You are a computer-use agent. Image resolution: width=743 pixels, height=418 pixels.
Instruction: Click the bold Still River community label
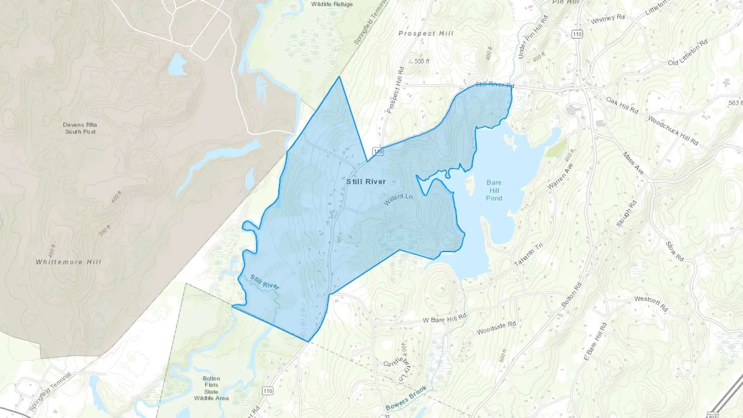tap(366, 182)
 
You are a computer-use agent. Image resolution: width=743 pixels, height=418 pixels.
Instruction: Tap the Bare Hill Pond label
tap(494, 190)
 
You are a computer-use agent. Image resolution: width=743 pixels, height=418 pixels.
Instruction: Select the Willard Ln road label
tap(398, 199)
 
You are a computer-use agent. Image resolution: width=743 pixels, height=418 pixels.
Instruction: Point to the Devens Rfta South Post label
tap(80, 128)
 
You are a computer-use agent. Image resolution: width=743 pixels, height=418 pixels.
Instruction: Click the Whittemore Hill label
tap(69, 262)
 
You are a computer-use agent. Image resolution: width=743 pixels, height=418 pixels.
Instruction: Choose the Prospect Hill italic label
tap(426, 33)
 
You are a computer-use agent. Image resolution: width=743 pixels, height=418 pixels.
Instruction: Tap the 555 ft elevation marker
tap(421, 61)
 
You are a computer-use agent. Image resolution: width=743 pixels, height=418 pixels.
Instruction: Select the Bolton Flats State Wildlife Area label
tap(211, 388)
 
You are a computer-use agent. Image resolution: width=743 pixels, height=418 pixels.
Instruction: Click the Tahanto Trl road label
tap(528, 255)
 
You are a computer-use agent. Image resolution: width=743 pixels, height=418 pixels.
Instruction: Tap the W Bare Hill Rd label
tap(445, 318)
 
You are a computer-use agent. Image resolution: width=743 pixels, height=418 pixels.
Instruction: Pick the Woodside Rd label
tap(496, 328)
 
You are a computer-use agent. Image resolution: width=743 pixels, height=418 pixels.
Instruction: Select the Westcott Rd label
tap(651, 303)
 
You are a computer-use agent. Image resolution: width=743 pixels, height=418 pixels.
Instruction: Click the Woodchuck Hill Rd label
tap(673, 130)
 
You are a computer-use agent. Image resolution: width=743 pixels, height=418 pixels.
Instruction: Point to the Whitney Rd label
tap(608, 19)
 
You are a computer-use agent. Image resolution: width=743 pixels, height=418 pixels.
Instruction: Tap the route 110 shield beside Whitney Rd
tap(577, 34)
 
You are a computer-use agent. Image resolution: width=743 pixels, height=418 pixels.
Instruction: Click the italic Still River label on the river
tap(265, 282)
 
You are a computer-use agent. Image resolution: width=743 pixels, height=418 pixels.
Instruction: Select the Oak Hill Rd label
tap(622, 105)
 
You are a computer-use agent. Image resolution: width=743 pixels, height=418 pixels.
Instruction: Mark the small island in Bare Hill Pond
tap(470, 185)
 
